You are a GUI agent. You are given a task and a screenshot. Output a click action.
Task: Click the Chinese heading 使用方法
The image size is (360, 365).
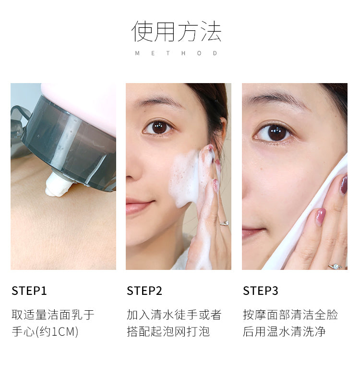click(176, 31)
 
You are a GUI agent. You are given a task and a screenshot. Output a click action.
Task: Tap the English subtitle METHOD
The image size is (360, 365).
click(176, 53)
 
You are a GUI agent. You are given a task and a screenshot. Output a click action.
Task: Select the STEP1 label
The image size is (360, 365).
click(29, 291)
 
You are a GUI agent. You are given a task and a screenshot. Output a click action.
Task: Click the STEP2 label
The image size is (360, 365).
click(144, 291)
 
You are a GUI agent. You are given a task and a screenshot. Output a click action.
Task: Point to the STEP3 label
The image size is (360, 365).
click(261, 291)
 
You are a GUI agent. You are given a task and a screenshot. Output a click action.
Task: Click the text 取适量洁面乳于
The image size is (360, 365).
click(53, 315)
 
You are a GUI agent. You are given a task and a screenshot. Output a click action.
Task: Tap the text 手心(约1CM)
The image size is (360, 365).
click(45, 331)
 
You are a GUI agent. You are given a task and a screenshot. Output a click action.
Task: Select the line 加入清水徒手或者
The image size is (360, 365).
click(174, 315)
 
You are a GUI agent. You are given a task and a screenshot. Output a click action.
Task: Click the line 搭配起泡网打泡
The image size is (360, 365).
click(168, 331)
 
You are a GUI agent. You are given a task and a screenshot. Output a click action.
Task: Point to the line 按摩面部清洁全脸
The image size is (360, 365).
click(290, 315)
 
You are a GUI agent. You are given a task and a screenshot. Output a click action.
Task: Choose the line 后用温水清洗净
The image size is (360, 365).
click(284, 331)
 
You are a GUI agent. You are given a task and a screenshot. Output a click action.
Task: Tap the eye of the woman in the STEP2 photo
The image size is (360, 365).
click(159, 128)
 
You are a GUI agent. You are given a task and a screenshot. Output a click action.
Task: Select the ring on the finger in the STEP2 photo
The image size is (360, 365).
click(224, 223)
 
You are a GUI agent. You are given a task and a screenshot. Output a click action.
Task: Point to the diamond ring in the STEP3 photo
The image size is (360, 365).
click(335, 267)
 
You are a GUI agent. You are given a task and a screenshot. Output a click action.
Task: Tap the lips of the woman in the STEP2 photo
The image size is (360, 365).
click(138, 206)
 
